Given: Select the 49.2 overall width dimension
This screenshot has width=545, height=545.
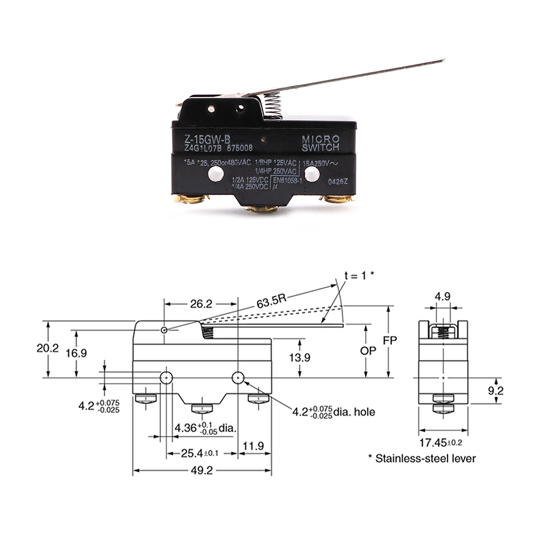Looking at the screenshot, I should pos(202,461).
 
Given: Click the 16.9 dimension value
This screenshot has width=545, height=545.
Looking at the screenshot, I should pos(76,353).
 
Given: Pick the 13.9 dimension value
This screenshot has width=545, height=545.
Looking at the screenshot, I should pos(300,358).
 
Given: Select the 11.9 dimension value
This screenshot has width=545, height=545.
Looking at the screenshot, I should pos(253,446).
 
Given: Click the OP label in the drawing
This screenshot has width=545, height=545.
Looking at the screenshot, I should pos(368,351).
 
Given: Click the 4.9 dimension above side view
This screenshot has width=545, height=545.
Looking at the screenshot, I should pos(443,297).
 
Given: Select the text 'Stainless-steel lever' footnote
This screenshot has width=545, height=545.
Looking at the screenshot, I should pos(425,458).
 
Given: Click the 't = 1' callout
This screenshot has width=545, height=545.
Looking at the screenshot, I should pos(359,276).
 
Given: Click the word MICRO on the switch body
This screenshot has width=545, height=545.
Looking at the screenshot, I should pos(321,138).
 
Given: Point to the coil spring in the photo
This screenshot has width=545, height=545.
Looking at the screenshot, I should pos(276,104).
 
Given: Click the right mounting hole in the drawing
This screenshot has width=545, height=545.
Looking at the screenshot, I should pos(238,378).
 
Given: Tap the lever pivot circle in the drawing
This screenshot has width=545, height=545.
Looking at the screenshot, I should pos(165,330).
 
